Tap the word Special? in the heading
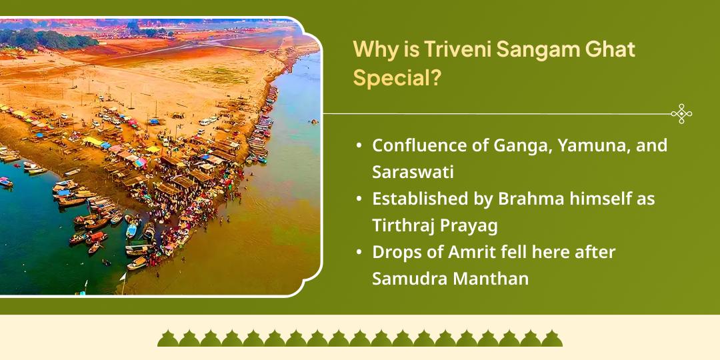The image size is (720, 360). coord(397,78)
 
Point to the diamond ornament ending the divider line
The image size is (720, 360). coord(681,114)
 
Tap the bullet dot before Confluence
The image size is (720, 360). coord(360,145)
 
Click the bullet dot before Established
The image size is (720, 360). coord(360,199)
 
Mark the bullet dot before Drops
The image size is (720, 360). coord(360,253)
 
